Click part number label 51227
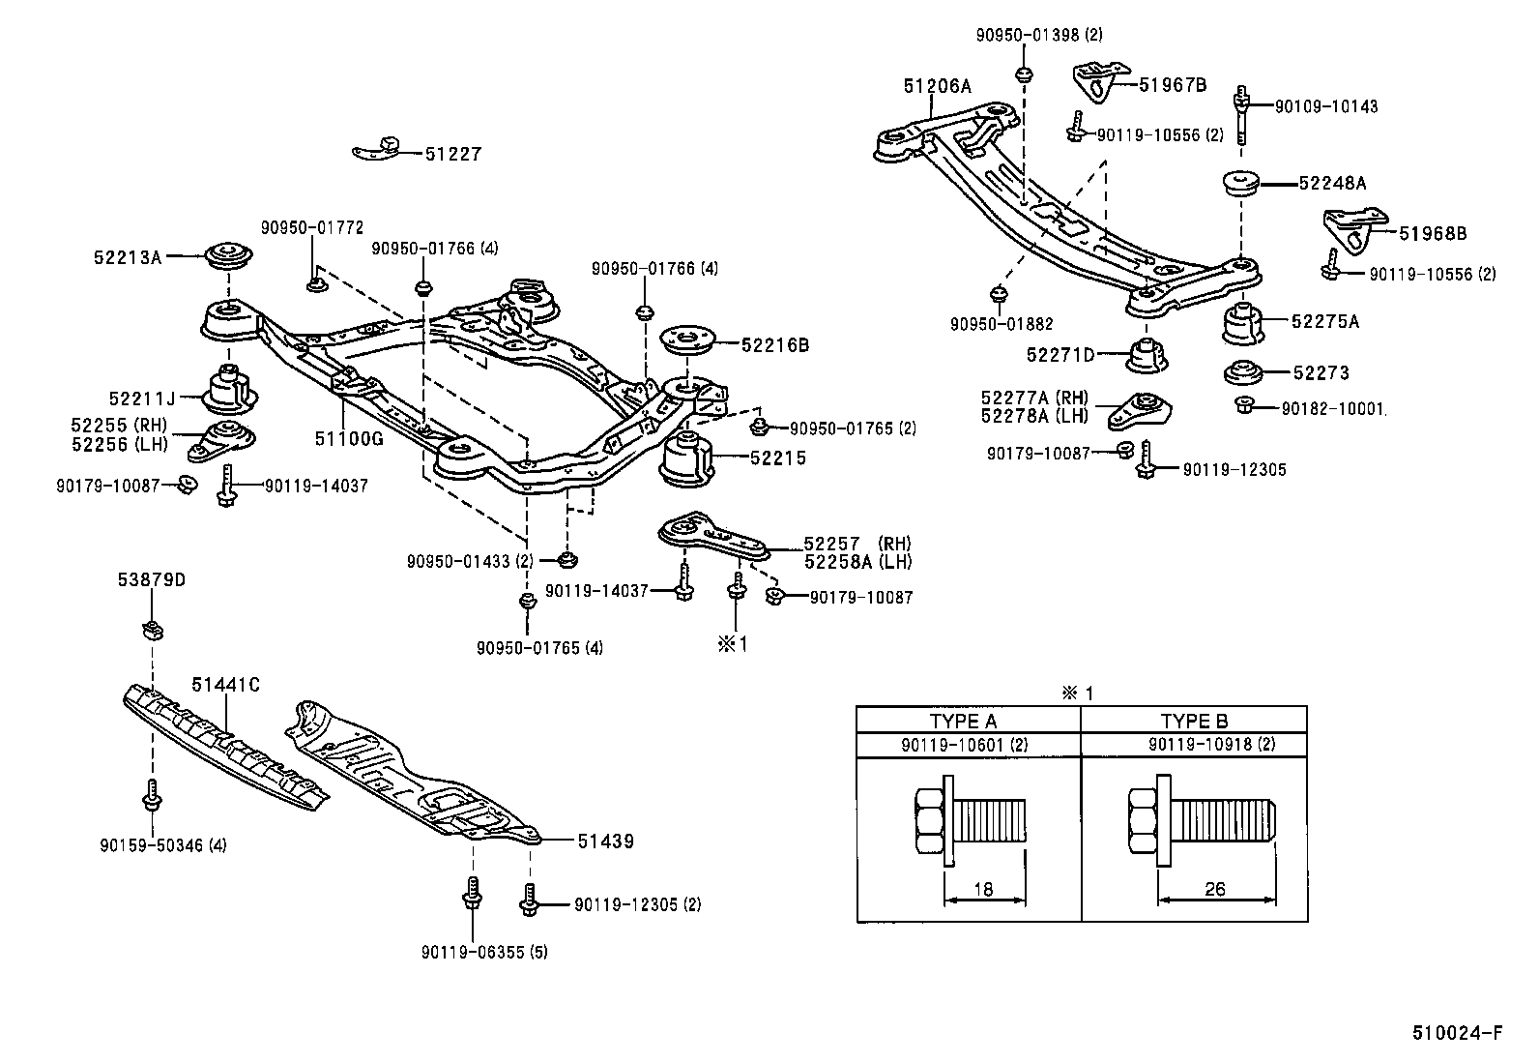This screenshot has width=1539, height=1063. pos(452,154)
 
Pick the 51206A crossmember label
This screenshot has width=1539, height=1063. pos(938,86)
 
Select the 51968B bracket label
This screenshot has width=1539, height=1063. pos(1433,233)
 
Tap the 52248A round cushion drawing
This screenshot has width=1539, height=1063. pos(1239,183)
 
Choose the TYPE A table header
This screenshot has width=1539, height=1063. pos(963,721)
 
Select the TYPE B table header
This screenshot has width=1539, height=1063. pos(1194,721)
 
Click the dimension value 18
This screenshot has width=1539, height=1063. pos(983,889)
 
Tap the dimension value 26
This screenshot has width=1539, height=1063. pos(1215,889)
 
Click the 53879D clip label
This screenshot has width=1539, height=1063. pos(152,580)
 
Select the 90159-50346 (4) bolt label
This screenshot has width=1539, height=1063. pos(162,845)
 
